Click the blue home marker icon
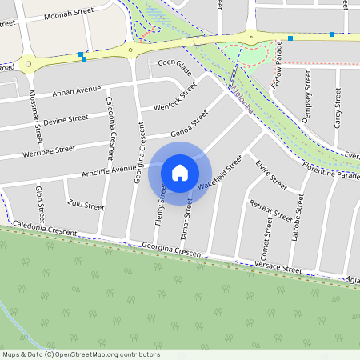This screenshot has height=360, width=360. coord(180,172)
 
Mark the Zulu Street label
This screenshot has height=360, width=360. coord(86,206)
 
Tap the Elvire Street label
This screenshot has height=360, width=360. coord(271,175)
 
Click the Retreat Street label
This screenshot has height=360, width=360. coord(271,210)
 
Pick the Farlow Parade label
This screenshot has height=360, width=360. coord(278,74)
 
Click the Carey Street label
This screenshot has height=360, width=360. coord(338,110)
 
